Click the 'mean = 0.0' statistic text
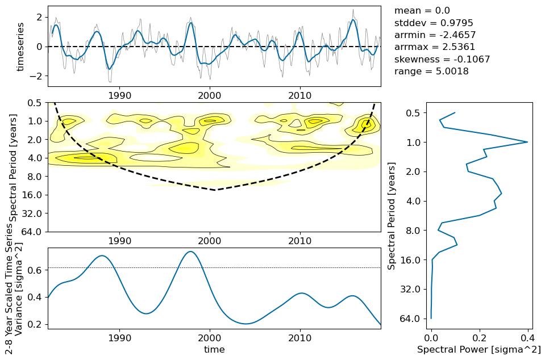pyautogui.click(x=422, y=11)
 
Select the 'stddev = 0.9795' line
pyautogui.click(x=433, y=23)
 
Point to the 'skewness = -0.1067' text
pyautogui.click(x=442, y=59)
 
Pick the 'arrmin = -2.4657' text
pyautogui.click(x=435, y=35)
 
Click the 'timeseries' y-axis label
pyautogui.click(x=20, y=47)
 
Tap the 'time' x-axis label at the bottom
pyautogui.click(x=214, y=350)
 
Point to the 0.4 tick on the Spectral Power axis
pyautogui.click(x=527, y=336)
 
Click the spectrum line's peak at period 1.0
pyautogui.click(x=527, y=142)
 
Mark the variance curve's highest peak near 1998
pyautogui.click(x=191, y=252)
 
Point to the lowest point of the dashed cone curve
pyautogui.click(x=215, y=190)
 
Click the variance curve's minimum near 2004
pyautogui.click(x=245, y=324)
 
